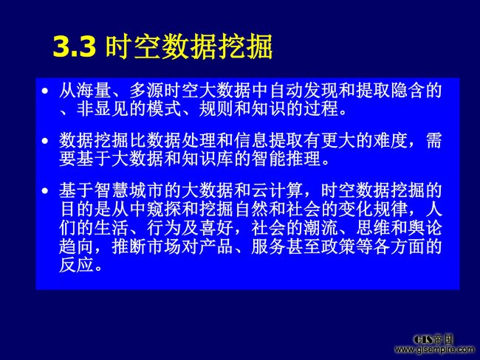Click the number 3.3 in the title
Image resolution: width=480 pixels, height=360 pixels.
pyautogui.click(x=75, y=47)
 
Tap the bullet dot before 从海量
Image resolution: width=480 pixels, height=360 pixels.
pyautogui.click(x=45, y=91)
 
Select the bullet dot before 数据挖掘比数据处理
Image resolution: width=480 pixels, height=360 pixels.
pyautogui.click(x=45, y=141)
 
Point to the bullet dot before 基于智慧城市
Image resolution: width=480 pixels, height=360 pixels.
pyautogui.click(x=45, y=190)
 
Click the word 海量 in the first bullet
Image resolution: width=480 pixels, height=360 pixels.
pyautogui.click(x=94, y=91)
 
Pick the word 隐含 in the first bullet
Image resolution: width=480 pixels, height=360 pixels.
pyautogui.click(x=407, y=91)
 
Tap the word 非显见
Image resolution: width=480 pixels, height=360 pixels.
pyautogui.click(x=102, y=108)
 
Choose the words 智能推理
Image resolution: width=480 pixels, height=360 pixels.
pyautogui.click(x=286, y=159)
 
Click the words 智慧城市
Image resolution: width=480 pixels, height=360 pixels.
pyautogui.click(x=128, y=190)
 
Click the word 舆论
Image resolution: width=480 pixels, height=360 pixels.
pyautogui.click(x=425, y=228)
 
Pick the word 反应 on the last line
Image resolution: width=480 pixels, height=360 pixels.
pyautogui.click(x=77, y=265)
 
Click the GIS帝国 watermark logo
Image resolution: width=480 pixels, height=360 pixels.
pyautogui.click(x=433, y=339)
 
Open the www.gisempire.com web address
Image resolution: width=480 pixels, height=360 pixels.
pyautogui.click(x=434, y=349)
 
